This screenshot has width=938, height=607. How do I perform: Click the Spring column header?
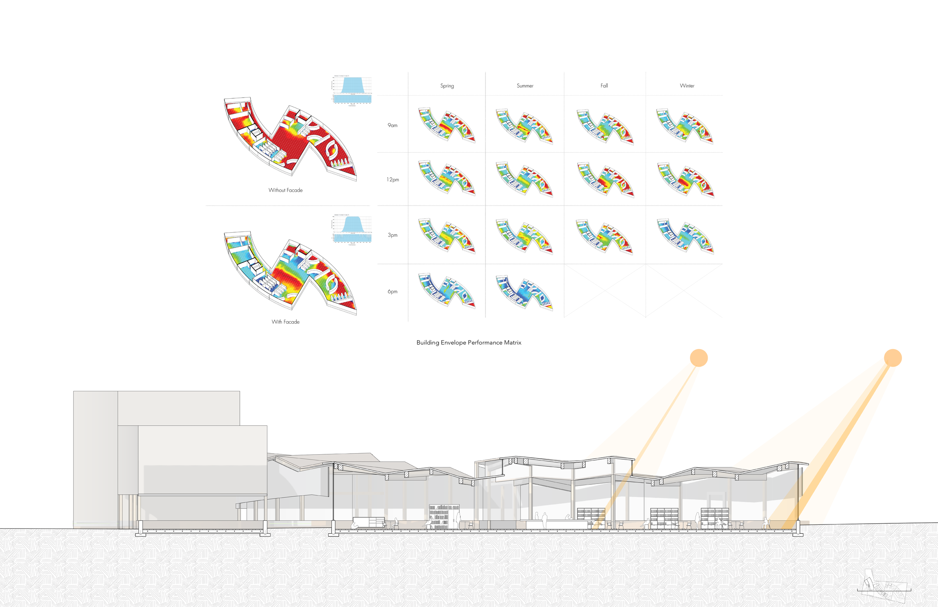pos(447,86)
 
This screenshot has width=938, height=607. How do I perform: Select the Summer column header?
pos(525,86)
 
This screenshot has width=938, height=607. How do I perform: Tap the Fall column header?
pos(604,86)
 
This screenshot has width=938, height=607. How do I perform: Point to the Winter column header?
pos(687,86)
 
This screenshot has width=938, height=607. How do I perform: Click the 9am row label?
pos(392,125)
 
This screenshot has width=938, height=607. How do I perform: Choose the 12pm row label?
pos(392,180)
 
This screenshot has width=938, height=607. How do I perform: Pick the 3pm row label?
pos(392,235)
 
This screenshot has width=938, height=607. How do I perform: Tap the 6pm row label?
pos(392,291)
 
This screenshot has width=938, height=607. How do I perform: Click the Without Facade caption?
pos(286,190)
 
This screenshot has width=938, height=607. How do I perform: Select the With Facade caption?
pos(286,322)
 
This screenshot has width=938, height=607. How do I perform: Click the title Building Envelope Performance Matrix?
pos(469,343)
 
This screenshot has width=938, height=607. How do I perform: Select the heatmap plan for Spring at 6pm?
pos(447,290)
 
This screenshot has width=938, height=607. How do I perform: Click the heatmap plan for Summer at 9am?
pos(525,125)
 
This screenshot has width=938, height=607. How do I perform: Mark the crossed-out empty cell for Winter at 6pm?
pos(684,291)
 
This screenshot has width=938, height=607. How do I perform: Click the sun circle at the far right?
pos(893,358)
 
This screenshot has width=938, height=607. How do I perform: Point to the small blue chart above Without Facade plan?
pos(352,90)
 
